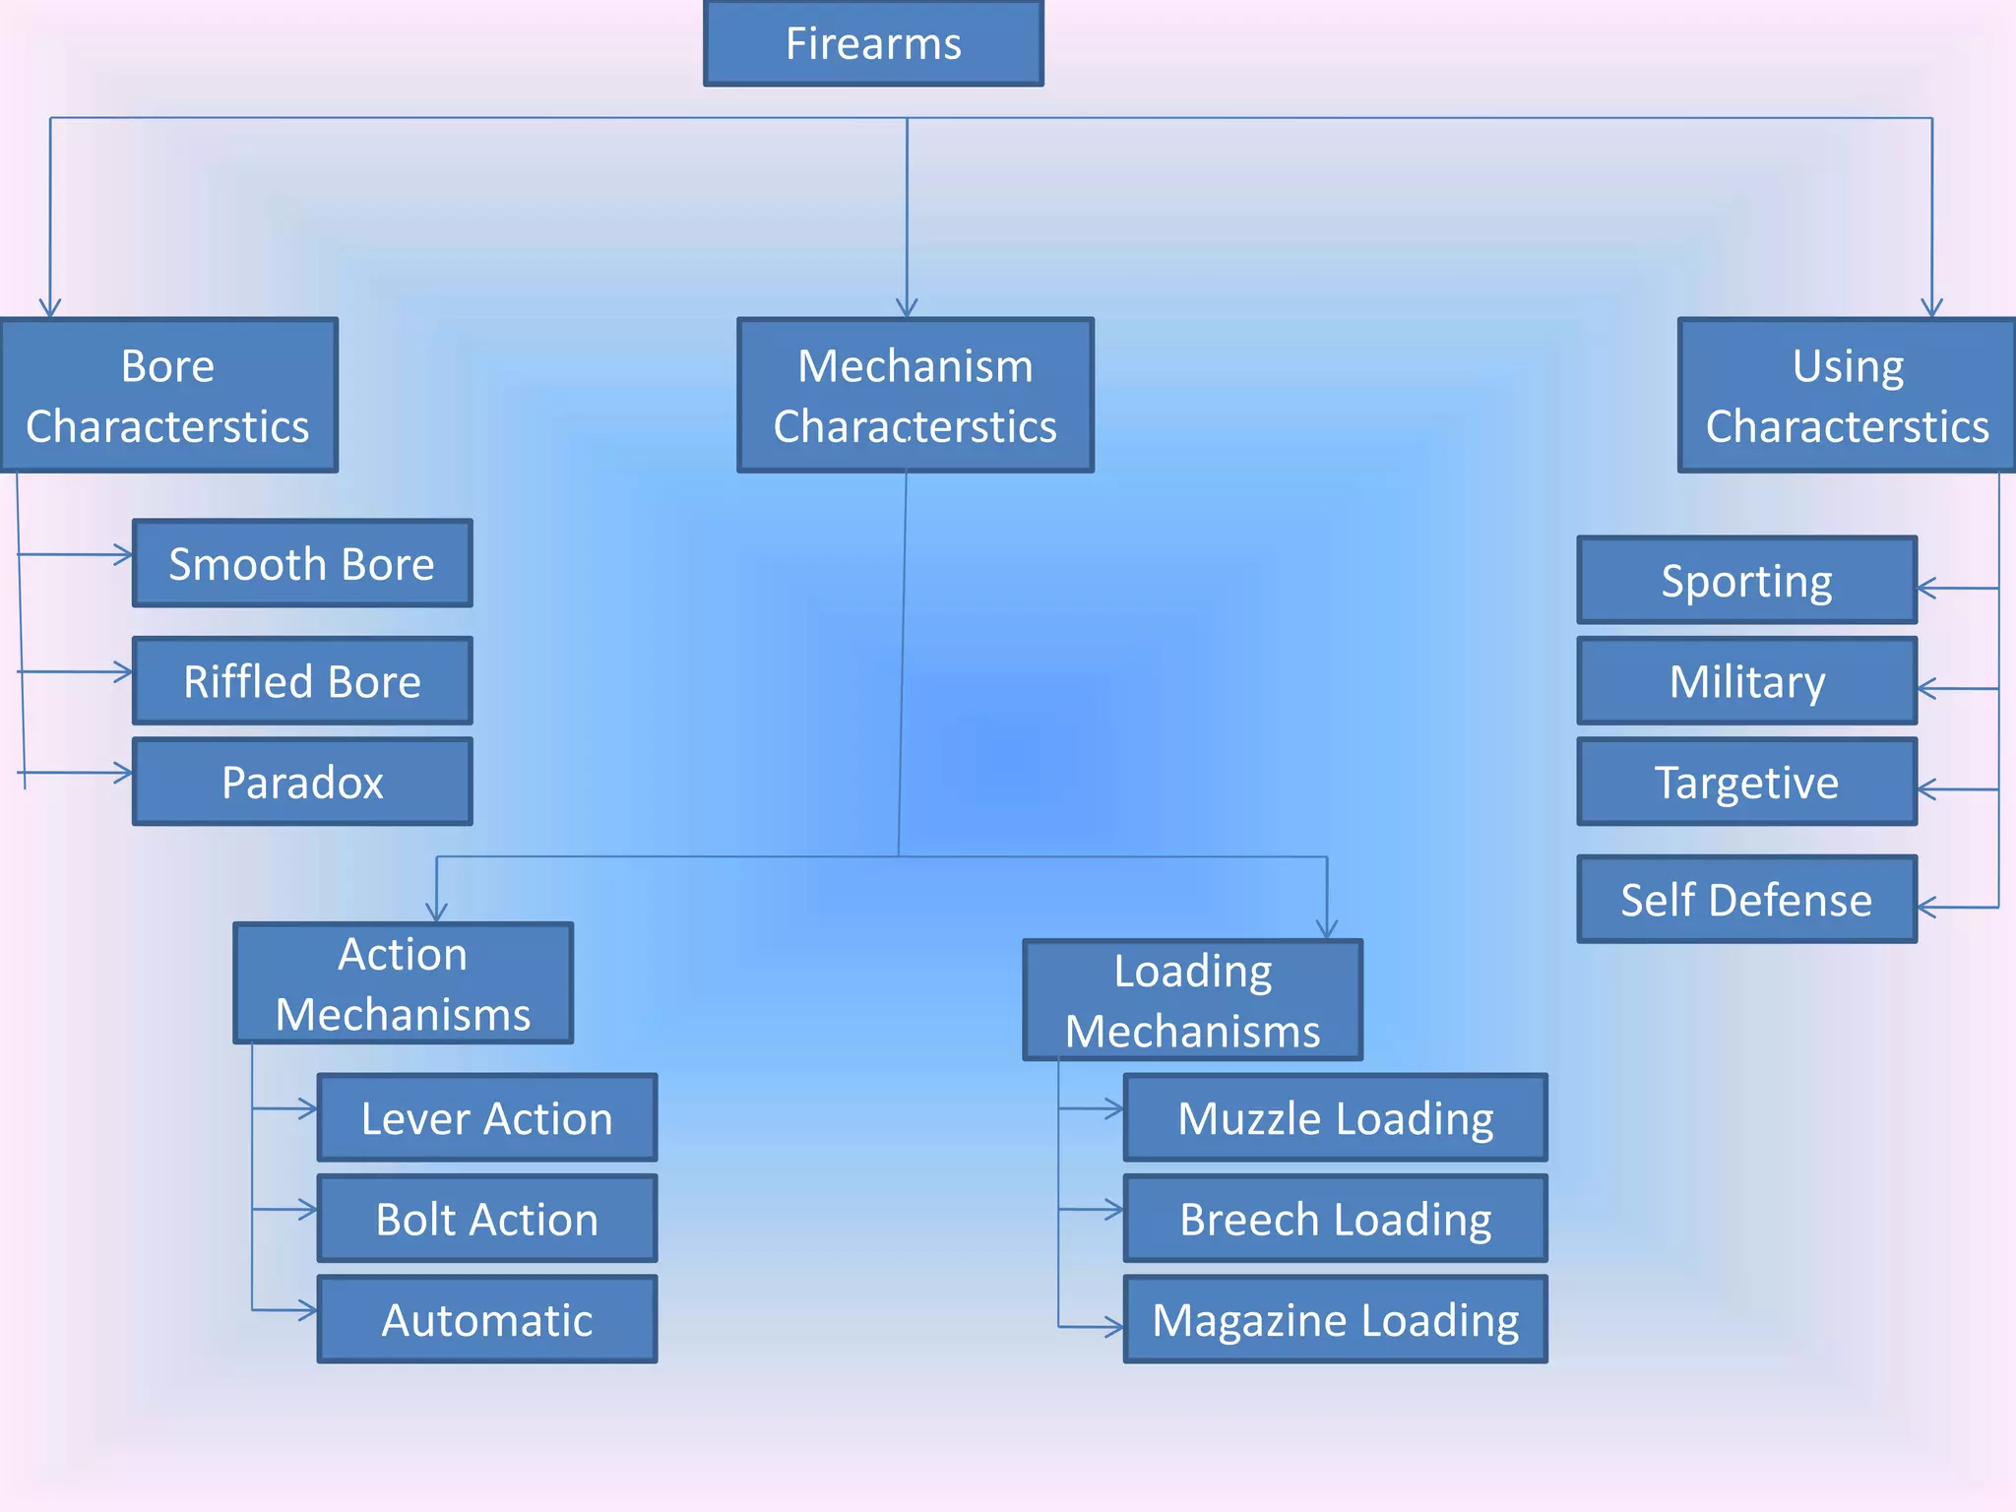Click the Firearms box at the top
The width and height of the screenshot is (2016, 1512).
point(873,43)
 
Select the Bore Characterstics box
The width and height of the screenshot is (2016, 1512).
point(168,396)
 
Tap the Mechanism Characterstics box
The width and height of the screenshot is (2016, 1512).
point(914,396)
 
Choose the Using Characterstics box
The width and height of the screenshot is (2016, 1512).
point(1847,396)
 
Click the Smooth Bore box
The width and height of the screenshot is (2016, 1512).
point(302,564)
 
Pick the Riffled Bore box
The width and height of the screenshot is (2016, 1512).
point(302,681)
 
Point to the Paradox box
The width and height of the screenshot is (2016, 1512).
point(302,783)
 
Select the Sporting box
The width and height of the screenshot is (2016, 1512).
point(1746,581)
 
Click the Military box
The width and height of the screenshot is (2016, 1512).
point(1746,681)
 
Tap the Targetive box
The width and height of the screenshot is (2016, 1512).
point(1746,783)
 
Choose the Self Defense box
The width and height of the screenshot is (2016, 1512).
point(1746,900)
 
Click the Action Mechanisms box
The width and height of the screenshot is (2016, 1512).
point(403,983)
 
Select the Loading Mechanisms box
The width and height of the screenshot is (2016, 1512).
point(1192,1000)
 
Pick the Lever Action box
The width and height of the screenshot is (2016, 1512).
point(486,1118)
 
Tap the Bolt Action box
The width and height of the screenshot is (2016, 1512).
point(486,1219)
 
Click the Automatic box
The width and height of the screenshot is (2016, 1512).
point(486,1320)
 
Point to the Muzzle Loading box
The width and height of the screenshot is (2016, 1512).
point(1335,1118)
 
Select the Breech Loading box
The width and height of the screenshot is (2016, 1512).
point(1335,1219)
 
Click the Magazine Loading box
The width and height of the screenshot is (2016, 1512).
point(1335,1320)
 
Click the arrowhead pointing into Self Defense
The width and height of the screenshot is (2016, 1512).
point(1926,908)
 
